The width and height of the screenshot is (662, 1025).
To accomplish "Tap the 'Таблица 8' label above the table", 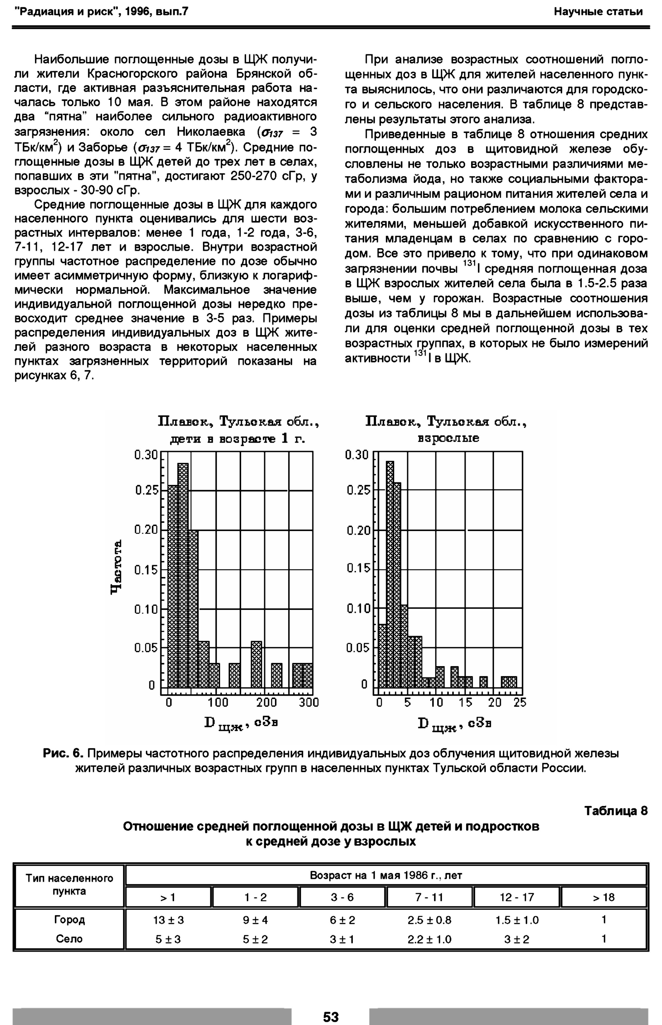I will [x=616, y=811].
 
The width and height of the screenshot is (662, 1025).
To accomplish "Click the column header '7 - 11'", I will [x=429, y=897].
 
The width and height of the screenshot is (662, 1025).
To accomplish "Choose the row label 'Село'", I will [x=69, y=939].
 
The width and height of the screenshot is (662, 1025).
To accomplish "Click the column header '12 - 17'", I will [x=517, y=897].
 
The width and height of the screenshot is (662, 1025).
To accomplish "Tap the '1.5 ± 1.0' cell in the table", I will [x=517, y=920].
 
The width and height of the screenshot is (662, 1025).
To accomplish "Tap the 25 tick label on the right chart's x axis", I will [x=520, y=702].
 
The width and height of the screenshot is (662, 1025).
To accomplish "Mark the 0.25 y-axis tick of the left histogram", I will [x=146, y=490].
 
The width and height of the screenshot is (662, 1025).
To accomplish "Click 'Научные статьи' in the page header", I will [x=598, y=12].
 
